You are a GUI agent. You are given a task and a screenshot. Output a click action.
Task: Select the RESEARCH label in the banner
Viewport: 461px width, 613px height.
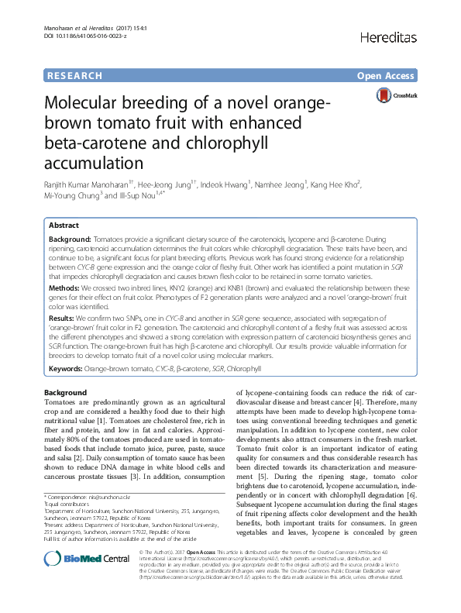(74, 76)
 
